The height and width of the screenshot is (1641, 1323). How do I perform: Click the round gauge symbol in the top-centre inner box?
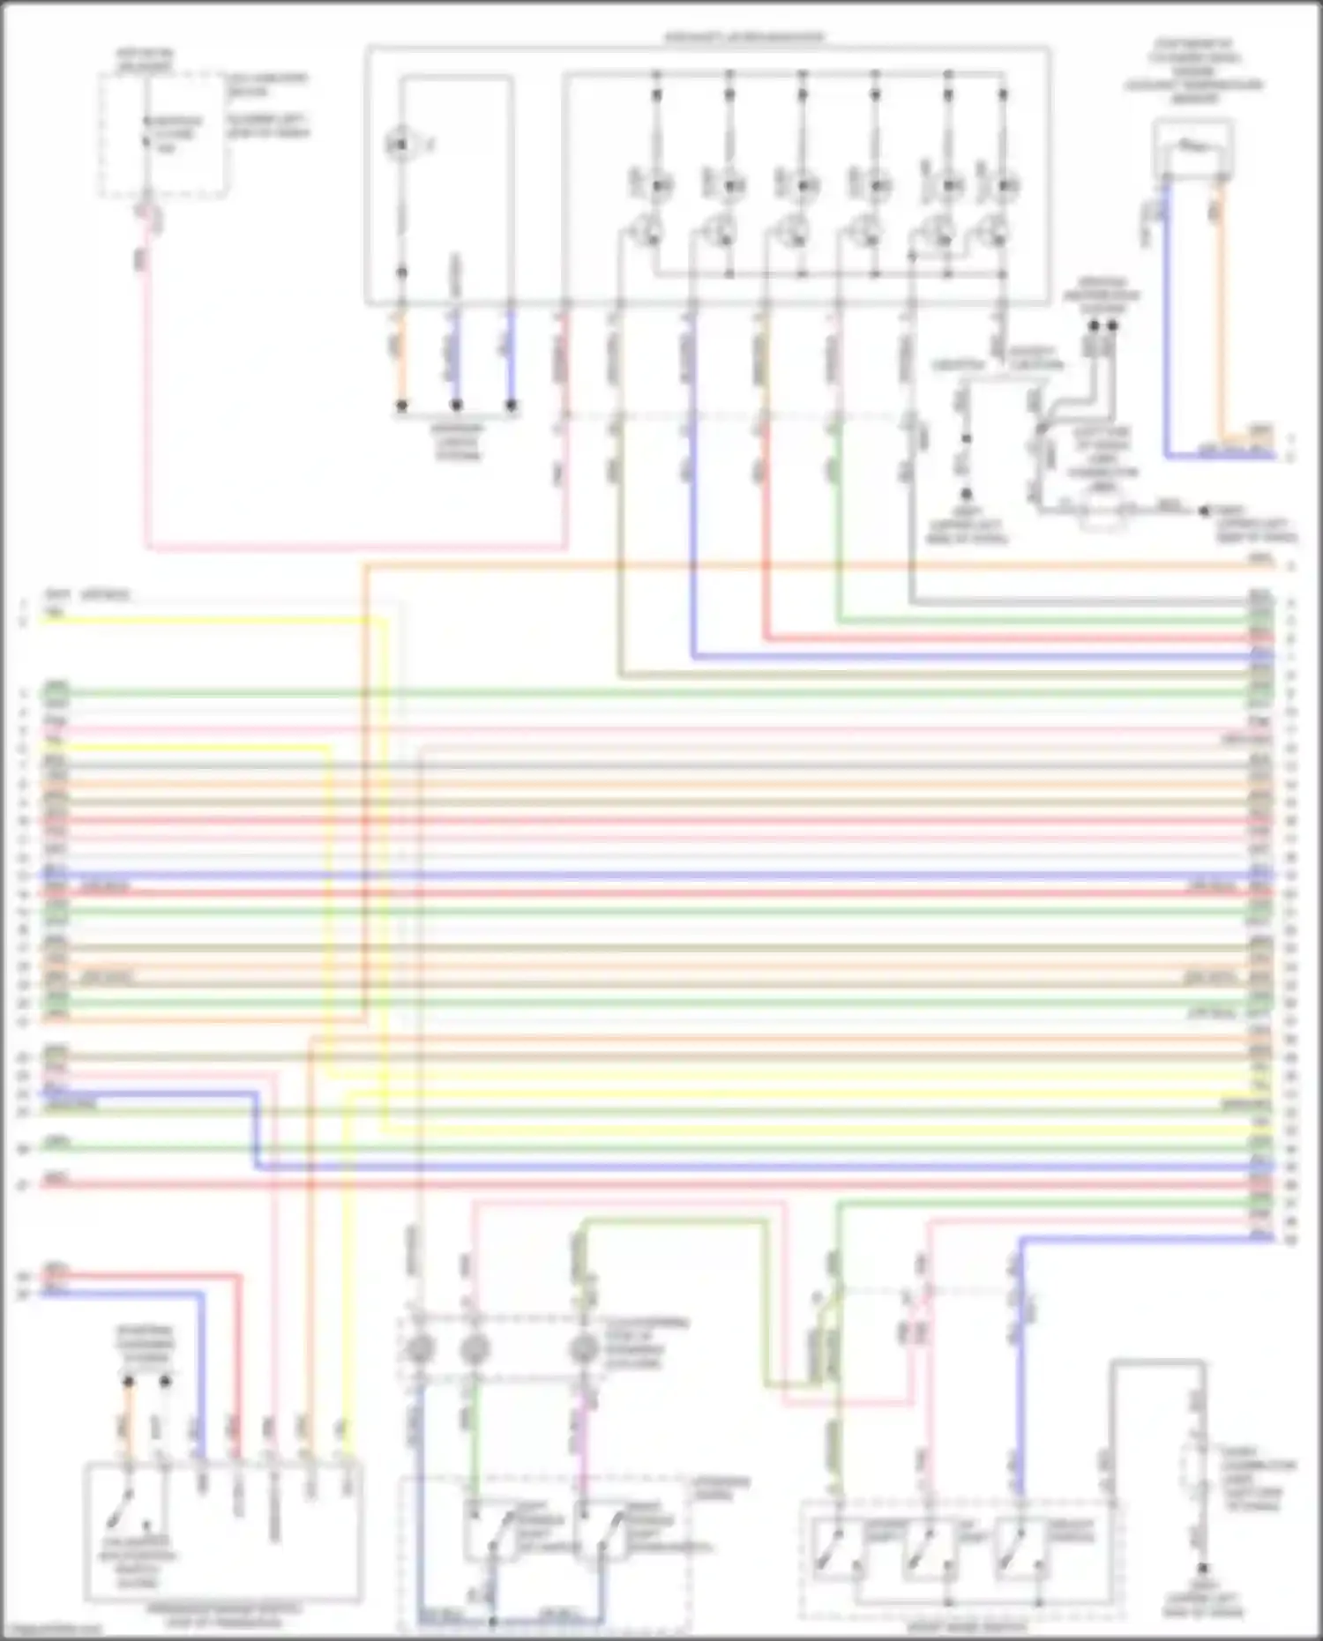(x=400, y=144)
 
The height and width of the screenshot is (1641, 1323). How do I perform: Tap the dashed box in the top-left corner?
(x=163, y=135)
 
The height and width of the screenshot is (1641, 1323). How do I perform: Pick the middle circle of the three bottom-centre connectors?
(x=475, y=1348)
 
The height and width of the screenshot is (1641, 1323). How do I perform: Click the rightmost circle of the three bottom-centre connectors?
(x=582, y=1348)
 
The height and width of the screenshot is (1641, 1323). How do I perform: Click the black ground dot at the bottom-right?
(x=1201, y=1570)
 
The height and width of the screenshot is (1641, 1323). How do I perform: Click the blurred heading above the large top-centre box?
(x=744, y=38)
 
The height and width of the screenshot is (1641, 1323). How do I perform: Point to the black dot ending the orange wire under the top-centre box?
(x=401, y=406)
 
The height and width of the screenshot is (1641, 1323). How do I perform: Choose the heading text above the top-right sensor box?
(x=1193, y=71)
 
